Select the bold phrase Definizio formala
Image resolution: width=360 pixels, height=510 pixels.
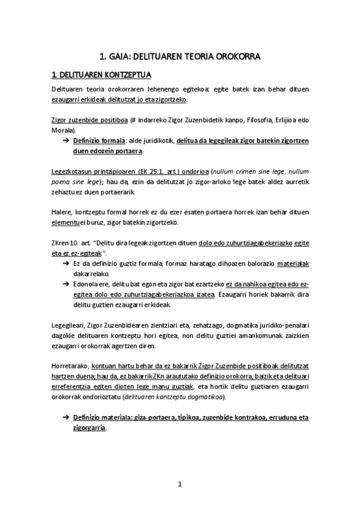pos(96,140)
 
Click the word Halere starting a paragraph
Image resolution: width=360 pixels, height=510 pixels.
pos(62,212)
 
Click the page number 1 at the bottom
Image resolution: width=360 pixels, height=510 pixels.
pos(180,484)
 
